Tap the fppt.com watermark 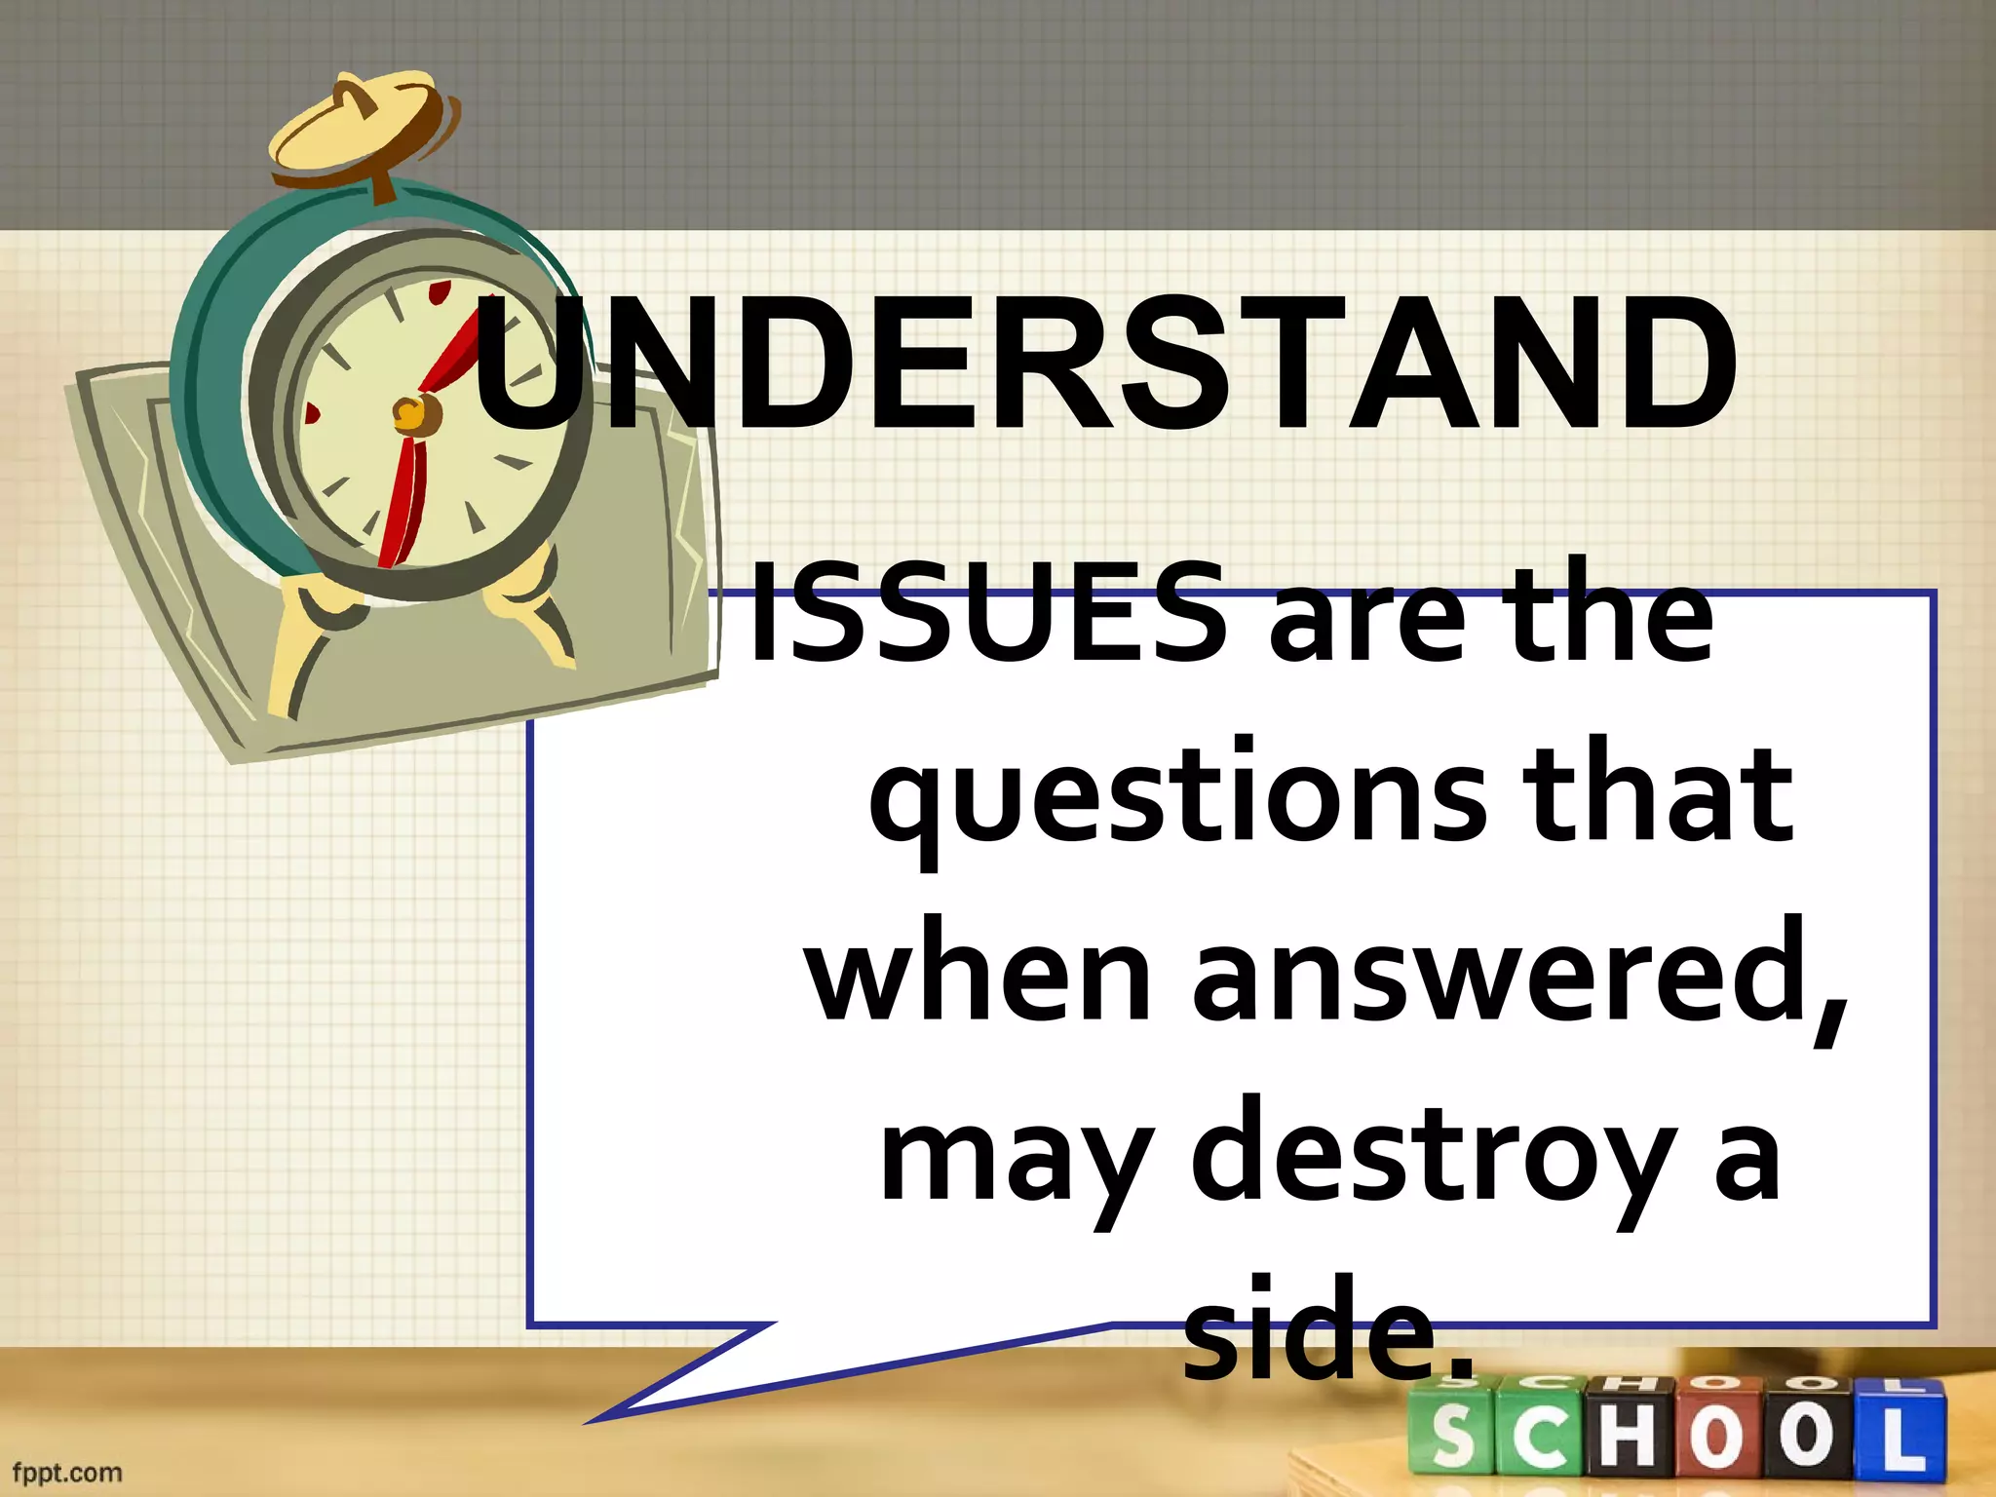tap(66, 1473)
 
